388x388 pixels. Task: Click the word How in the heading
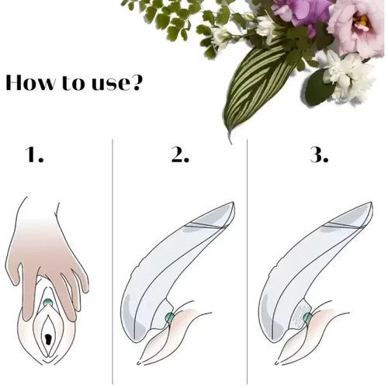click(30, 82)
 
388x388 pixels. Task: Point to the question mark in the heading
click(136, 82)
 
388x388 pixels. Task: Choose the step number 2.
click(180, 154)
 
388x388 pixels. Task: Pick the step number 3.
click(319, 154)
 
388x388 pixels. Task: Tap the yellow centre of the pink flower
click(363, 22)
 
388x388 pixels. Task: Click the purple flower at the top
click(301, 14)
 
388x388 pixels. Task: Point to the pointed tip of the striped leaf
click(230, 143)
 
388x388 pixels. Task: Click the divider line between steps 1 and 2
click(113, 262)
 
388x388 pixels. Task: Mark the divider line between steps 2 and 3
click(247, 262)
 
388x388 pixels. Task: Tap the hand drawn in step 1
click(47, 258)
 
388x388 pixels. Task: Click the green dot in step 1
click(48, 302)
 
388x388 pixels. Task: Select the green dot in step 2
click(170, 317)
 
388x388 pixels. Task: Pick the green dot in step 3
click(307, 317)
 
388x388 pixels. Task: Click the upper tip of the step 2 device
click(234, 203)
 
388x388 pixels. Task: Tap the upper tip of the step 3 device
click(372, 203)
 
